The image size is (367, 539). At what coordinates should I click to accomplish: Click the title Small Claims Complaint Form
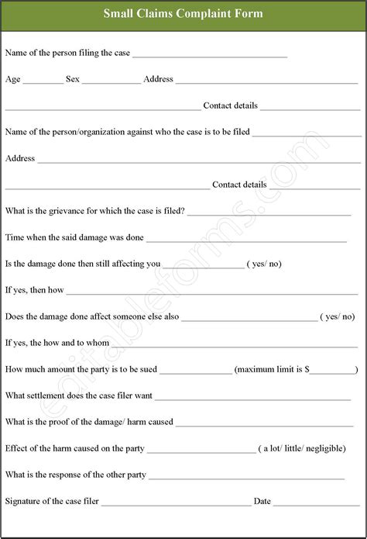183,13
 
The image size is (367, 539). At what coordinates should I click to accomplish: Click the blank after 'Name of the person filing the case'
210,55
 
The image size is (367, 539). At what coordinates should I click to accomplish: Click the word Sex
73,79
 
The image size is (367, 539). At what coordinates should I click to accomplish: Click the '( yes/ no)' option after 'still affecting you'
264,264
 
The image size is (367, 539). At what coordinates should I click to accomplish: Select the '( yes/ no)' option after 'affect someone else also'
338,316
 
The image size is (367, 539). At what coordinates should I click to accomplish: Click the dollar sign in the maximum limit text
307,370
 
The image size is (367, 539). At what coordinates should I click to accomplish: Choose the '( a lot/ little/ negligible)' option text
303,448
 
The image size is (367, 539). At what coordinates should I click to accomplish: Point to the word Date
262,501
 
